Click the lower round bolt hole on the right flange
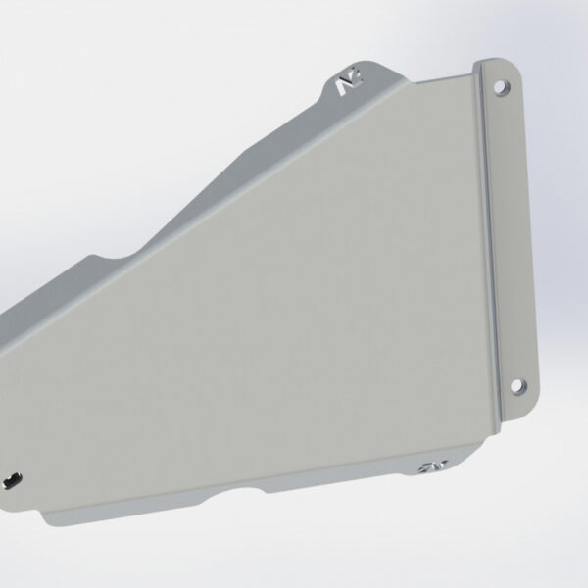(518, 384)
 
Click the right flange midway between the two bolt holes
(509, 235)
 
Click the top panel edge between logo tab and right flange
(431, 80)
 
